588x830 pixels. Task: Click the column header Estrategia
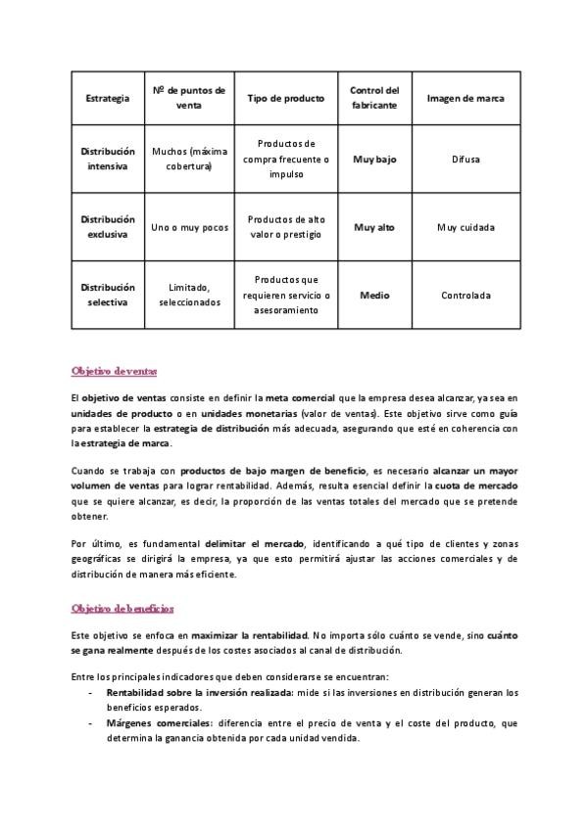107,99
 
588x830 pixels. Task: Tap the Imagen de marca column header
466,99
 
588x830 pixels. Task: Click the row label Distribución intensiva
107,159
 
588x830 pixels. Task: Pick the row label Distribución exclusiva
107,227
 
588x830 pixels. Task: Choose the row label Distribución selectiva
107,295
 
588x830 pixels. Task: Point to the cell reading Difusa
466,159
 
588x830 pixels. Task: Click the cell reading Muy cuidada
466,227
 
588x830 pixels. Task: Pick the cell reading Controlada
466,295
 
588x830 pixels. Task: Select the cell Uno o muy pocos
189,227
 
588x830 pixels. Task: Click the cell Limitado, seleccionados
189,295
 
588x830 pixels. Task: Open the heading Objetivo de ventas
114,371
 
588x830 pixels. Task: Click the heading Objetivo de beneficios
122,608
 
